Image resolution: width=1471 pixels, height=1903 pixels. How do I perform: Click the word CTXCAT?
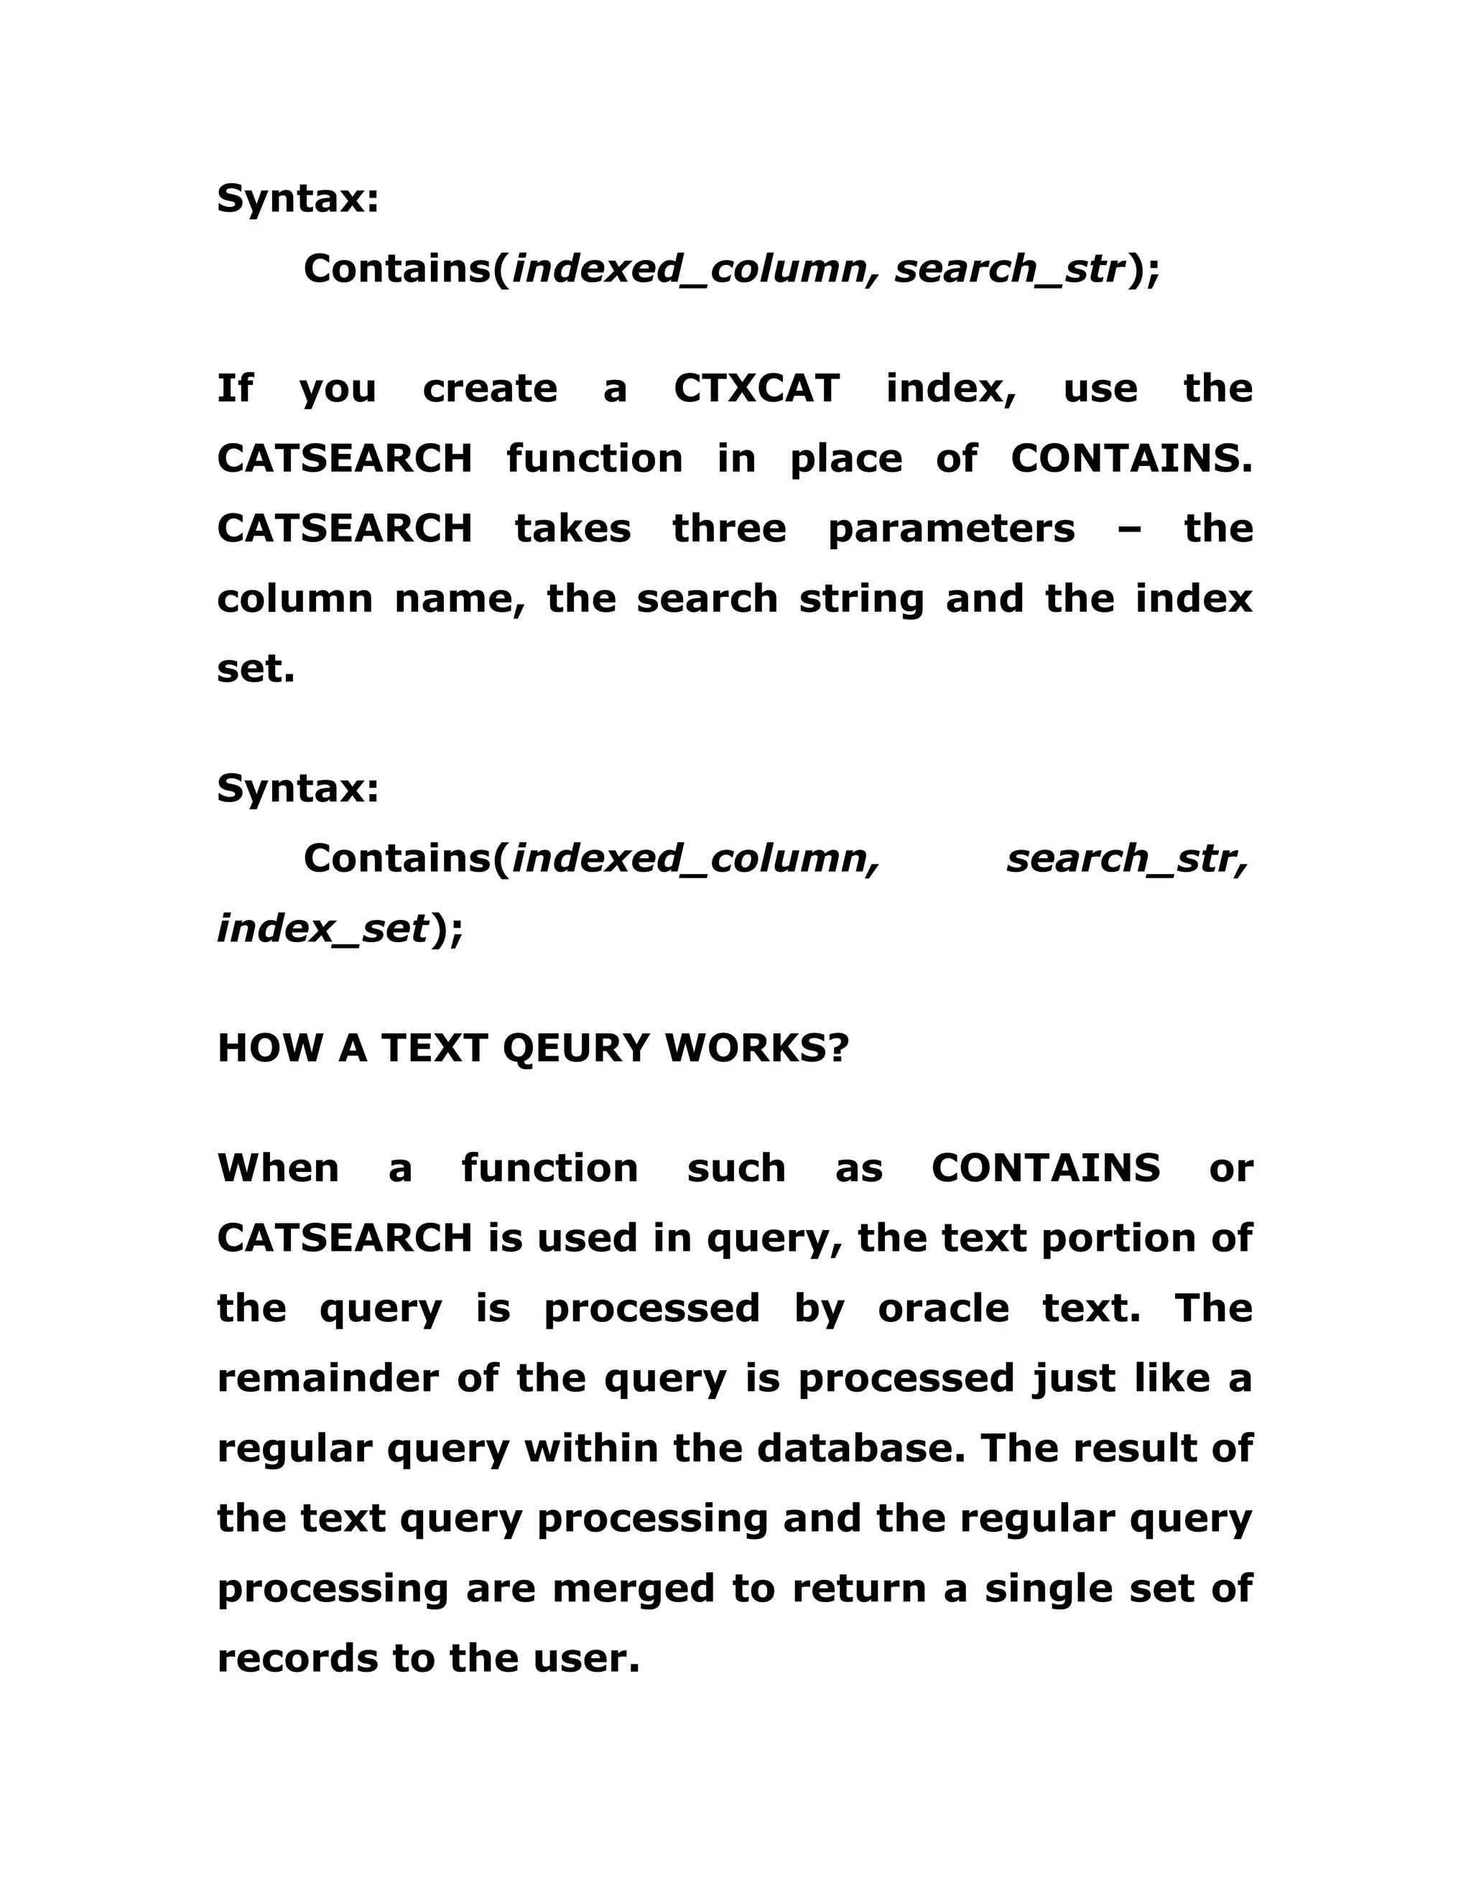click(x=756, y=388)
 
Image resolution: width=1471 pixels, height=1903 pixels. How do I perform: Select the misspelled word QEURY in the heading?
click(x=576, y=1048)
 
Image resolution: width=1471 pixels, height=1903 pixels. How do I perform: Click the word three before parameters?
click(x=730, y=529)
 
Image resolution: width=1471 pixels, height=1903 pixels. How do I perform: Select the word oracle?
click(x=943, y=1308)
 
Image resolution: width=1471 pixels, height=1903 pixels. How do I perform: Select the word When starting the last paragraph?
click(x=278, y=1168)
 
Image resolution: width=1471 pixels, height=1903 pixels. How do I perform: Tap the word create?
click(x=490, y=388)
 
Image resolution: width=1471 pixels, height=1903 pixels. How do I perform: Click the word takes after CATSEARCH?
click(x=572, y=529)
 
